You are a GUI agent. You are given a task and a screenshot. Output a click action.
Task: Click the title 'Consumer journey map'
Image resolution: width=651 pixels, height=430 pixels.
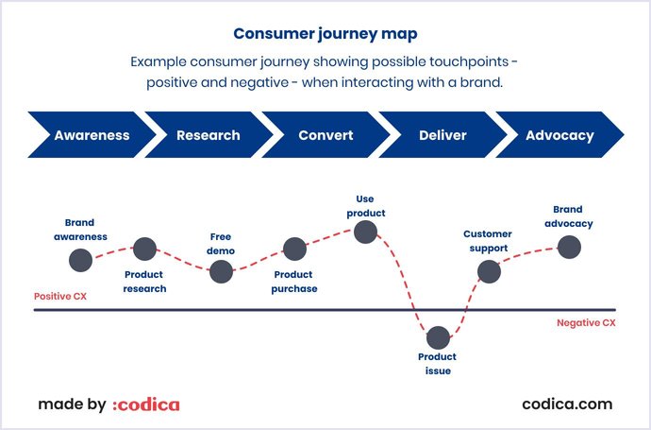[x=325, y=34]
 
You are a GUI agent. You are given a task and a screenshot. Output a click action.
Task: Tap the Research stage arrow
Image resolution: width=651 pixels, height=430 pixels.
[x=209, y=135]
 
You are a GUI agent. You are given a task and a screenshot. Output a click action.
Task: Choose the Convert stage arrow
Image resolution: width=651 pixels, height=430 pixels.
[x=325, y=135]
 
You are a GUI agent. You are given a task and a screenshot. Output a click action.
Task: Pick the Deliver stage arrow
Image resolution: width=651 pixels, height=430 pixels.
[x=442, y=135]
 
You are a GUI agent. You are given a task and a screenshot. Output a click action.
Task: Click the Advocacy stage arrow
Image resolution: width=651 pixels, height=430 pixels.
[x=559, y=135]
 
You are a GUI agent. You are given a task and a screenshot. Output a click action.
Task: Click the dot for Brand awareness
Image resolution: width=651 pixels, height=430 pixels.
[x=80, y=259]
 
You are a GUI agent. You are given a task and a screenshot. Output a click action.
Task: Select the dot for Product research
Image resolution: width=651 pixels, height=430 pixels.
[x=144, y=249]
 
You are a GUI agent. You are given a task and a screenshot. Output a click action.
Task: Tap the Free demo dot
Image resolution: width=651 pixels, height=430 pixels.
[x=221, y=271]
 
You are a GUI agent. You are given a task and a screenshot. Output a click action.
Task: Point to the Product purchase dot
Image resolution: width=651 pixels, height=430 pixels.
[x=294, y=249]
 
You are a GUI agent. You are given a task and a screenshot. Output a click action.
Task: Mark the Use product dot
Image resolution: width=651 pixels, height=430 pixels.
[x=365, y=231]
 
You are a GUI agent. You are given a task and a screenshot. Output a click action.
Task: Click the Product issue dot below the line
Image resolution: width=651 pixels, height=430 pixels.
[x=437, y=336]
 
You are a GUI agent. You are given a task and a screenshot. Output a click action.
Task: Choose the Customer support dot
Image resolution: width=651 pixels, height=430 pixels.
[x=488, y=272]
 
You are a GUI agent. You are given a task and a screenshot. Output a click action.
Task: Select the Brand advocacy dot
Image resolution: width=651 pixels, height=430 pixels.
[x=568, y=247]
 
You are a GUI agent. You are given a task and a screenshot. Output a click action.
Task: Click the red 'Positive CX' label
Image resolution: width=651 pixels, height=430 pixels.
[x=60, y=296]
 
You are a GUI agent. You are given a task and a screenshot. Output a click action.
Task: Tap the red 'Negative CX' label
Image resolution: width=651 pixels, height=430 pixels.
[x=586, y=322]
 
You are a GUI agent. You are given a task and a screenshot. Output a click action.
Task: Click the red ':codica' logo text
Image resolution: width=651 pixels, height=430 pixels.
[x=146, y=404]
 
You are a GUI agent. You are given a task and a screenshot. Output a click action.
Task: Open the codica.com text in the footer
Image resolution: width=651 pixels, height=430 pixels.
[x=567, y=404]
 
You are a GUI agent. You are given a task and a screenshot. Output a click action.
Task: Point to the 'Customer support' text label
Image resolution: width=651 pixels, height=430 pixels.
[x=487, y=241]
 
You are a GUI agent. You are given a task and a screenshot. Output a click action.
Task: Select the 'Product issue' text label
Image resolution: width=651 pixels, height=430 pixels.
[x=437, y=364]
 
